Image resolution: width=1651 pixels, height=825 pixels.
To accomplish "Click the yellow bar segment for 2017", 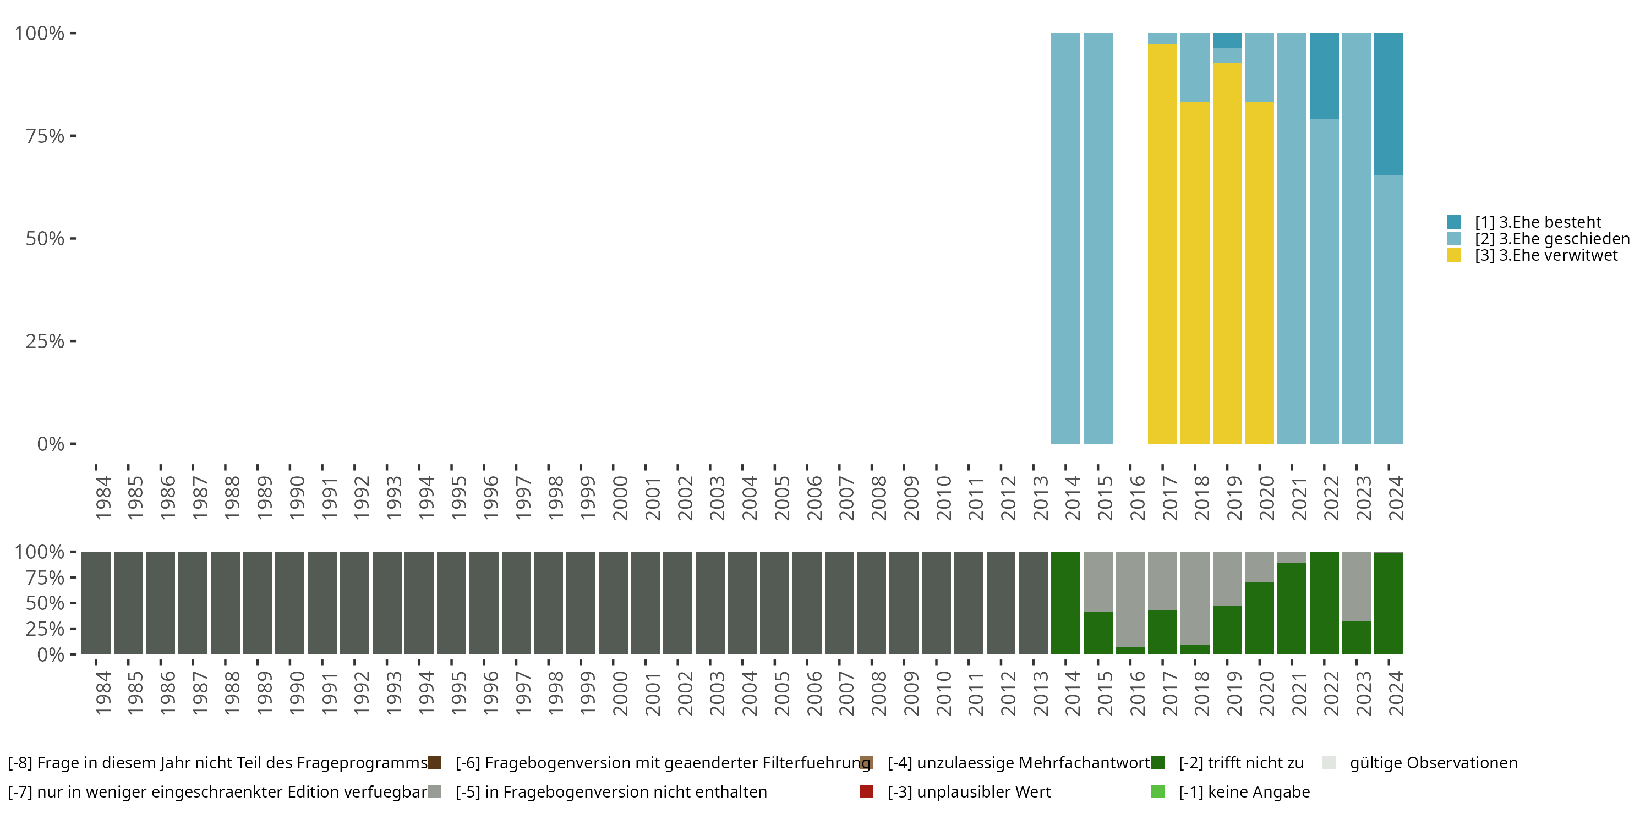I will [1162, 244].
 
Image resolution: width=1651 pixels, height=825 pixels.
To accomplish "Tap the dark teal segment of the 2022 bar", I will [1324, 75].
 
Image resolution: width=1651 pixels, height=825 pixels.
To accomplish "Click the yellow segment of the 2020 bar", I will [1259, 272].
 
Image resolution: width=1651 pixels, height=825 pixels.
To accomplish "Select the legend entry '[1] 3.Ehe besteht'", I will [1537, 222].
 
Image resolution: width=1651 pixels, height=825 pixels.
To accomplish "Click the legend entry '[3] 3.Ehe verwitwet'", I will [1545, 256].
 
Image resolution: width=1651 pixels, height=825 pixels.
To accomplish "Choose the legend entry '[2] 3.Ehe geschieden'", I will [1551, 239].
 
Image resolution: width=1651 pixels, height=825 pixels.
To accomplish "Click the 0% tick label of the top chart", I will [51, 444].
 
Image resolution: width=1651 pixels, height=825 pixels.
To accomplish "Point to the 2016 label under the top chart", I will [1136, 498].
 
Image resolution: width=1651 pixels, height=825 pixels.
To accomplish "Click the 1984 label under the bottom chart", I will [102, 693].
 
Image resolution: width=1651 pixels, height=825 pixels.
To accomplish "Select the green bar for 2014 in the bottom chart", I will [1065, 603].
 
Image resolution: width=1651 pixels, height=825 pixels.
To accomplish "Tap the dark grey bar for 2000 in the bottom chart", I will [613, 603].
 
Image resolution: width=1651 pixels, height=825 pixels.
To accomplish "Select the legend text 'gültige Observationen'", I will [1433, 763].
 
